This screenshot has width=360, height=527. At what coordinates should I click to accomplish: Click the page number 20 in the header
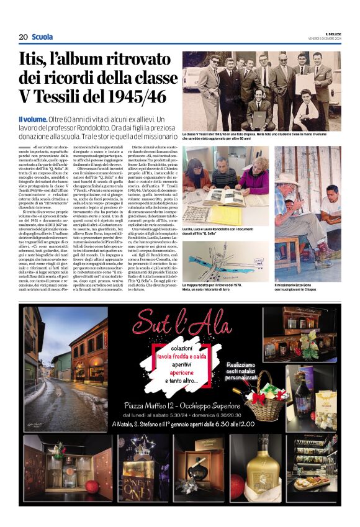pyautogui.click(x=23, y=37)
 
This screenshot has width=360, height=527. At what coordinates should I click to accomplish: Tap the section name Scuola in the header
pyautogui.click(x=42, y=37)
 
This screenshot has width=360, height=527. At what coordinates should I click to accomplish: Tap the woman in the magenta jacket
pyautogui.click(x=254, y=175)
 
